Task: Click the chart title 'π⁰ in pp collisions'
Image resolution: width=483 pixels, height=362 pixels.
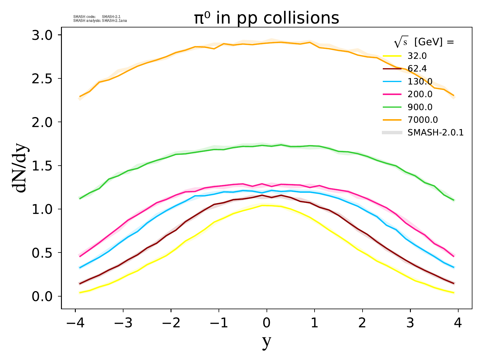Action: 267,18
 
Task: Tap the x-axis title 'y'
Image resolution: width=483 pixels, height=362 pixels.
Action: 267,341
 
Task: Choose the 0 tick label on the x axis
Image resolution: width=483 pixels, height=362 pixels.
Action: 267,323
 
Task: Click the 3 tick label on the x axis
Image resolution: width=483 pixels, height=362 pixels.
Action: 410,323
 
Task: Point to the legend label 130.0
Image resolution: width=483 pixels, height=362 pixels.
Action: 420,81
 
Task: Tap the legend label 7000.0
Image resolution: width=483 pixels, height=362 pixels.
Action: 423,120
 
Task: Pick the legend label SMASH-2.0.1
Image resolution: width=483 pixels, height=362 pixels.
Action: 435,132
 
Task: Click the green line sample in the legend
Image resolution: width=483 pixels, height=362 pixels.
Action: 392,107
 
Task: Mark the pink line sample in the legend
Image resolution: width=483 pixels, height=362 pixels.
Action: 392,94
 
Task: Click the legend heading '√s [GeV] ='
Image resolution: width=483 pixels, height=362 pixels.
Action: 424,43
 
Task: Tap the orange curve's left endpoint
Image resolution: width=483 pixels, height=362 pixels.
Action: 80,97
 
